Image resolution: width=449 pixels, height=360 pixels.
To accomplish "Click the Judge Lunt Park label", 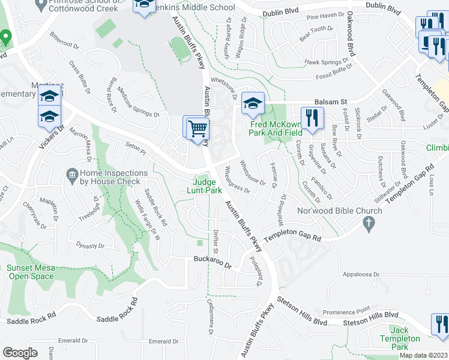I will click(207, 187).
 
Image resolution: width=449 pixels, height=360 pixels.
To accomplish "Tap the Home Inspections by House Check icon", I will click(71, 174).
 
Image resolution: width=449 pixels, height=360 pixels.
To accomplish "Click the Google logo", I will click(20, 353).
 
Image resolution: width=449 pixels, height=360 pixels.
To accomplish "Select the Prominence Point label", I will click(346, 312).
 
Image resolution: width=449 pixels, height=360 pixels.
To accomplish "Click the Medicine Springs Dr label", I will click(138, 102).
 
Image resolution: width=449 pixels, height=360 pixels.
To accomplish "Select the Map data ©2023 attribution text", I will click(424, 355).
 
